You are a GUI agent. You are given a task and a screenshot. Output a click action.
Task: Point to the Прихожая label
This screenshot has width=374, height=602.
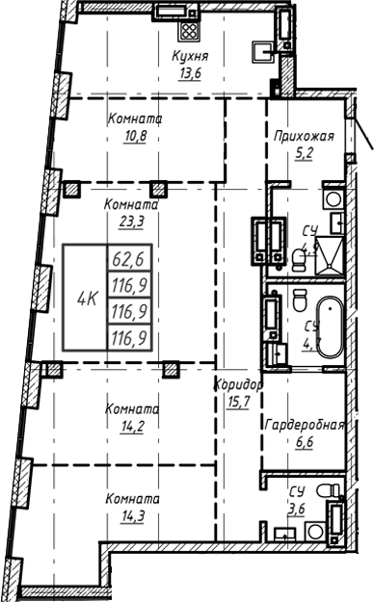(x=304, y=136)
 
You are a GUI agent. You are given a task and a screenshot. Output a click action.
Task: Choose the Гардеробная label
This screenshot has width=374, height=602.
(x=305, y=425)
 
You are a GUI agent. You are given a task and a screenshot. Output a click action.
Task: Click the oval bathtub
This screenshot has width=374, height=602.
(x=329, y=330)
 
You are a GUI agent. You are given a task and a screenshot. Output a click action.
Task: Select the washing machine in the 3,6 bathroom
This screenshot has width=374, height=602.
(x=334, y=492)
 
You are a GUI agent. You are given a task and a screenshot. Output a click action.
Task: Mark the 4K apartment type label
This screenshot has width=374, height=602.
(x=86, y=298)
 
